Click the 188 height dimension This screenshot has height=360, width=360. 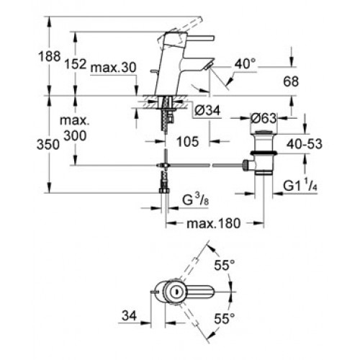click(49, 57)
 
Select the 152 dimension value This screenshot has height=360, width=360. click(76, 64)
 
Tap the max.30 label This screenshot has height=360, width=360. click(113, 68)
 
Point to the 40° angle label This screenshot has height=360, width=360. click(245, 64)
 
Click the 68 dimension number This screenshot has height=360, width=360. click(291, 81)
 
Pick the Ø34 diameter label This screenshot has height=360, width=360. click(207, 111)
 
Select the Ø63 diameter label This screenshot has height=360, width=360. click(264, 118)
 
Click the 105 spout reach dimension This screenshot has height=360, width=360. click(188, 142)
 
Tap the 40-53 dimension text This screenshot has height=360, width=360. click(305, 144)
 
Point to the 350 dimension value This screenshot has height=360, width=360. click(48, 145)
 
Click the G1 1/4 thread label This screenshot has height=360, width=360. click(300, 186)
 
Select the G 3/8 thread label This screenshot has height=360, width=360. click(195, 200)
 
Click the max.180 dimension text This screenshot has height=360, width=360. click(214, 223)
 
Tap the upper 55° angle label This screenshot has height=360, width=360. click(224, 266)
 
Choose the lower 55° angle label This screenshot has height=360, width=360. click(224, 319)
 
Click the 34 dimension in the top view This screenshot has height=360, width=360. click(129, 315)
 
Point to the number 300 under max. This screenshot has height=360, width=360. click(76, 136)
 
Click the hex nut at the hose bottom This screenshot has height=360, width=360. click(164, 191)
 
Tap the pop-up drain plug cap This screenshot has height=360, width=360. click(264, 132)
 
